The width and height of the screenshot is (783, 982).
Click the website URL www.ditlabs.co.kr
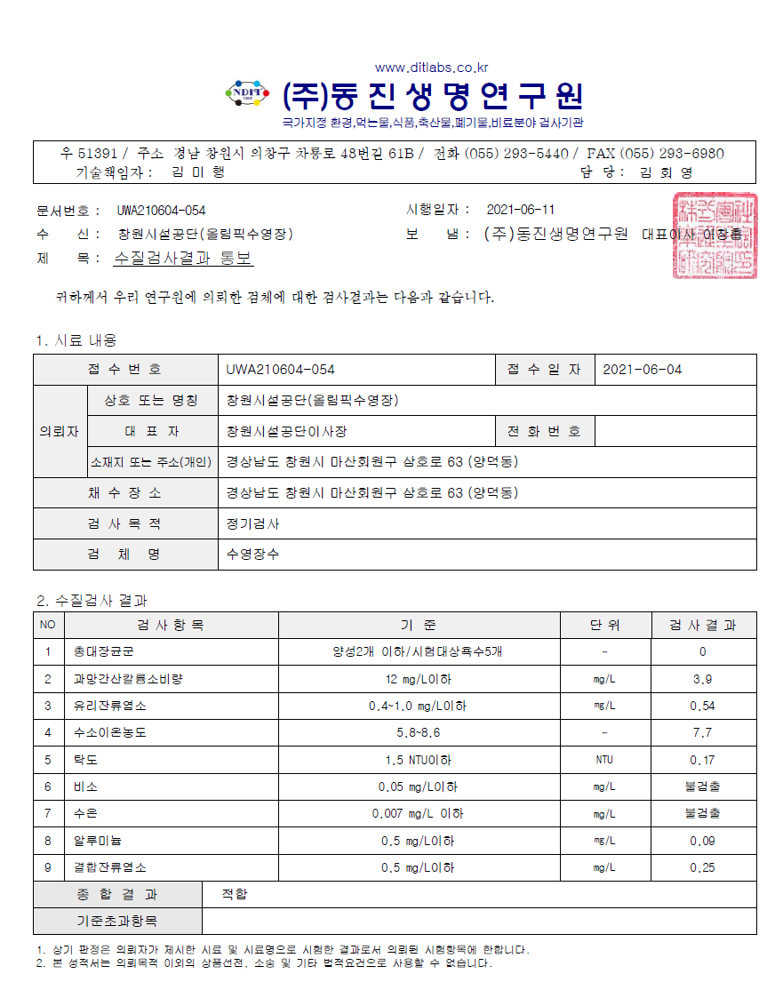431,68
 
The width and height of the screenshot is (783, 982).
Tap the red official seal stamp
715,236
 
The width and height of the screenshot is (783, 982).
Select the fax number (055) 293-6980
671,154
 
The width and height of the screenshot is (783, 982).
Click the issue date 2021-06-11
521,210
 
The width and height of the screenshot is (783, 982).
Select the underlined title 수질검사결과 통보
184,259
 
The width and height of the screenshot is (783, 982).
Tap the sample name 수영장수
253,555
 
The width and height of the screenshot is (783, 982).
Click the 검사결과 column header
703,625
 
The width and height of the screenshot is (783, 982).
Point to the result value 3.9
702,680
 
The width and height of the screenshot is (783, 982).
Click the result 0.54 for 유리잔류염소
702,707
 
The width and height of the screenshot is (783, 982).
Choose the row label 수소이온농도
110,733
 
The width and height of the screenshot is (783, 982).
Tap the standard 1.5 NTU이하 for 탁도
418,760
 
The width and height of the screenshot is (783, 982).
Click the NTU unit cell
604,760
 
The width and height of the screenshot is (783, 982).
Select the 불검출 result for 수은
702,813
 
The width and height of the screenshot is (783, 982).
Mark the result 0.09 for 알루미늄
702,841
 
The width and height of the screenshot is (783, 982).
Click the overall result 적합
235,894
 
